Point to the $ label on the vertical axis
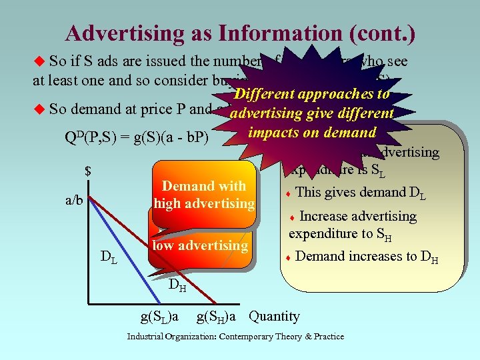tap(87, 172)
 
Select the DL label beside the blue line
tap(109, 257)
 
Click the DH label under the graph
tap(177, 287)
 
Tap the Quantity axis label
tap(274, 316)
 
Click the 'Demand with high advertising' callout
tap(204, 194)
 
